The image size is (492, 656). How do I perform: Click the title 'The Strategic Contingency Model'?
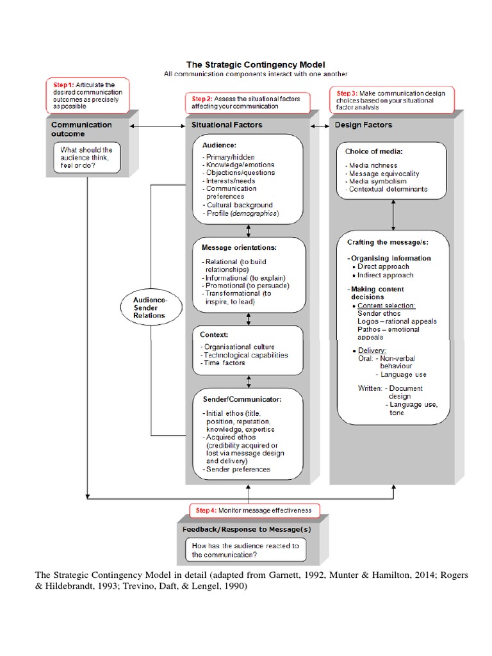tap(255, 64)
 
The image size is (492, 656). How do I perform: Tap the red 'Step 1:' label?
tap(63, 84)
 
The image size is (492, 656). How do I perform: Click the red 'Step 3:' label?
tap(348, 93)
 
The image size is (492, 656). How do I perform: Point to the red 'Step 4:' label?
tap(206, 510)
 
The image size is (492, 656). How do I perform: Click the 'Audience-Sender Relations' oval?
tap(149, 307)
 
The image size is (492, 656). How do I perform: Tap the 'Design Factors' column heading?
tap(363, 125)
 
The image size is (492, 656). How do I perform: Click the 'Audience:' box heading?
tap(218, 145)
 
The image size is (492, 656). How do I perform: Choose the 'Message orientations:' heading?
tap(238, 247)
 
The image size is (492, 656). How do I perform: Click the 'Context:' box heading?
tap(215, 334)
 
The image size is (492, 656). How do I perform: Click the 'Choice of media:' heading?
tap(373, 152)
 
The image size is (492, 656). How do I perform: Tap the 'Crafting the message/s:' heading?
tap(388, 242)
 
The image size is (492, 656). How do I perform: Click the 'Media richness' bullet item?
tap(373, 165)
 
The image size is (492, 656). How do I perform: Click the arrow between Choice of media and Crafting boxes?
tap(392, 218)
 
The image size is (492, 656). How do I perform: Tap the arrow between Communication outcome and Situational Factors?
tap(156, 126)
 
